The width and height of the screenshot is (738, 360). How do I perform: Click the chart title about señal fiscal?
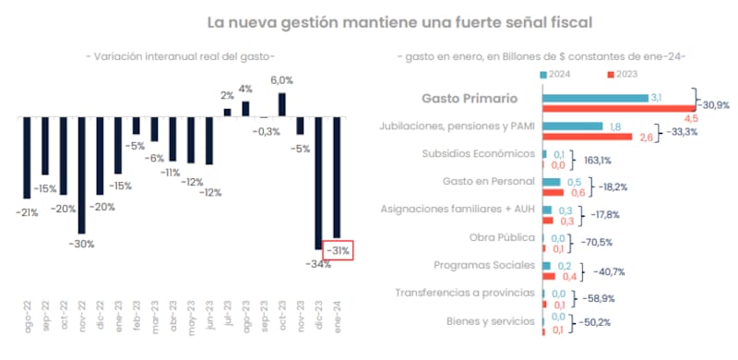click(399, 20)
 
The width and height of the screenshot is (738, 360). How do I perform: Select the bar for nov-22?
click(81, 175)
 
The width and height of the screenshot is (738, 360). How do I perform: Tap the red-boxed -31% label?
click(339, 249)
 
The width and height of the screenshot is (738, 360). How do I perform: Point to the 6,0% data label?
click(281, 80)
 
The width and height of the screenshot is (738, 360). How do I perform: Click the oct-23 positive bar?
click(281, 104)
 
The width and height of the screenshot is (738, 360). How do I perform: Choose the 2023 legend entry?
click(625, 75)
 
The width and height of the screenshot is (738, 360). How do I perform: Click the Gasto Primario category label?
click(469, 98)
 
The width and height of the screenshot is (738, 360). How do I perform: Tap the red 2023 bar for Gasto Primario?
click(618, 107)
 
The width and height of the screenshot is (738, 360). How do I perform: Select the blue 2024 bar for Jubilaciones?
click(573, 126)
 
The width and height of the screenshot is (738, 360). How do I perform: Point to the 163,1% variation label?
click(597, 159)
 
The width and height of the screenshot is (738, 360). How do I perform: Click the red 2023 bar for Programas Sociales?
click(549, 275)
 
